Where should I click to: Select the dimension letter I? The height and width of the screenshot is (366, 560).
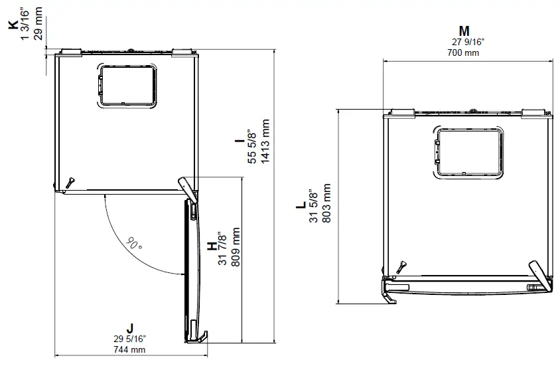tap(237, 141)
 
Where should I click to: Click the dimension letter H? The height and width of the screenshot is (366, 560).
tap(212, 246)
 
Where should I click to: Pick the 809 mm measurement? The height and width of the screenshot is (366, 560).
tap(237, 247)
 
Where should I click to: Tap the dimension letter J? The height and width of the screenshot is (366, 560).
tap(130, 327)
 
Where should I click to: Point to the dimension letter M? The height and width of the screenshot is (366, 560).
tap(464, 31)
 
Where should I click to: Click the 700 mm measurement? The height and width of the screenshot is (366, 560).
tap(464, 52)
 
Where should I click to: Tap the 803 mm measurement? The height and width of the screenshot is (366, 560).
tap(326, 205)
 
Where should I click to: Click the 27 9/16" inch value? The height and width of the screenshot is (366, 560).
tap(464, 42)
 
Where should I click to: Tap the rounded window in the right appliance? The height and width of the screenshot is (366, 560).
tap(469, 153)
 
